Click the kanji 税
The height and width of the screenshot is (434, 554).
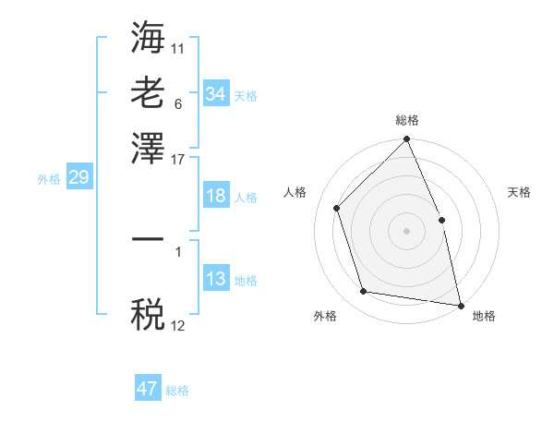148,316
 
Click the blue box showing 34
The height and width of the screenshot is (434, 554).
215,94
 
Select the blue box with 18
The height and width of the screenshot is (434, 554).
215,196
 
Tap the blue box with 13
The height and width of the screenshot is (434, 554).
215,279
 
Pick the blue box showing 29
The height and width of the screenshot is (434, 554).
78,178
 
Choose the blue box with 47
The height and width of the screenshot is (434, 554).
148,389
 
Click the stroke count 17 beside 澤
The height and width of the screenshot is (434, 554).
178,158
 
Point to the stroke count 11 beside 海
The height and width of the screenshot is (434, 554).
178,47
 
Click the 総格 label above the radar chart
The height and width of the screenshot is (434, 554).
407,120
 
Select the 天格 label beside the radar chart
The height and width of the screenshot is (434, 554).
519,192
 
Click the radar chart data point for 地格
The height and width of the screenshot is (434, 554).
460,304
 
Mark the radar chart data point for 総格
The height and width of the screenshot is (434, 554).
407,140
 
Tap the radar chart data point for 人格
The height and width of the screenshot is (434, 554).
337,208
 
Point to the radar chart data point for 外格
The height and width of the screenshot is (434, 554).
364,292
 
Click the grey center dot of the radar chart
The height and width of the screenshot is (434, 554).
407,231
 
